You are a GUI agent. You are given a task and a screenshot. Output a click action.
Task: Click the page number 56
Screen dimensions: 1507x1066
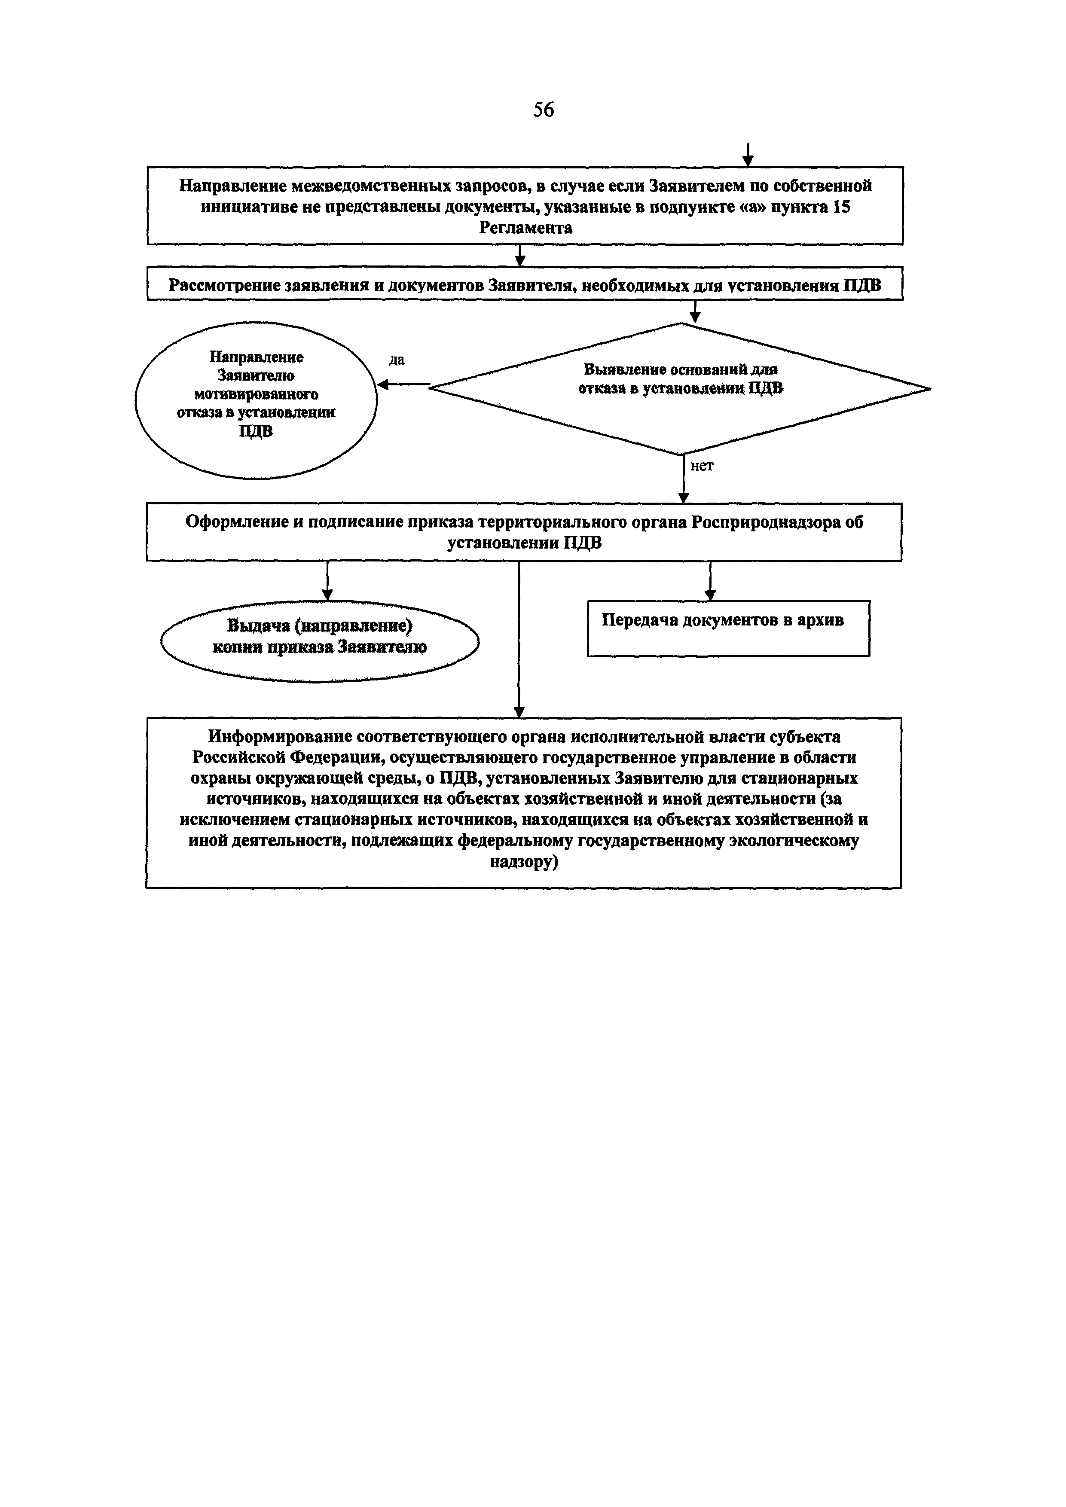[x=544, y=110]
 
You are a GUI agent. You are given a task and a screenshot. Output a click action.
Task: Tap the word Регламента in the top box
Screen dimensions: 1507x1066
[x=525, y=228]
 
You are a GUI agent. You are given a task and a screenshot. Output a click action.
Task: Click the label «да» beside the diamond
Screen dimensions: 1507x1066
[x=397, y=360]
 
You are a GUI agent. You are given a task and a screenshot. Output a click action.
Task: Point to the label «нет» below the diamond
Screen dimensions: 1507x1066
[x=702, y=466]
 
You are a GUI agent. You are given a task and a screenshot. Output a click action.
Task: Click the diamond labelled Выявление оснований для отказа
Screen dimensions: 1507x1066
[x=680, y=389]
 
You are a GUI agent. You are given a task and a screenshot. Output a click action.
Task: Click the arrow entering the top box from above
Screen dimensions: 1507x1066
[x=747, y=156]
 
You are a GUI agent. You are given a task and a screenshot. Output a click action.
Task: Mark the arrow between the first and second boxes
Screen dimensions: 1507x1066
[x=520, y=255]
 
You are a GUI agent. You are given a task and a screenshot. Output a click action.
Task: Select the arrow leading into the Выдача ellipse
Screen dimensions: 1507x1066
[x=327, y=581]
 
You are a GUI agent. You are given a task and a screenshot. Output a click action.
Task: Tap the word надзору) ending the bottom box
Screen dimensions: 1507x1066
[x=524, y=862]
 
